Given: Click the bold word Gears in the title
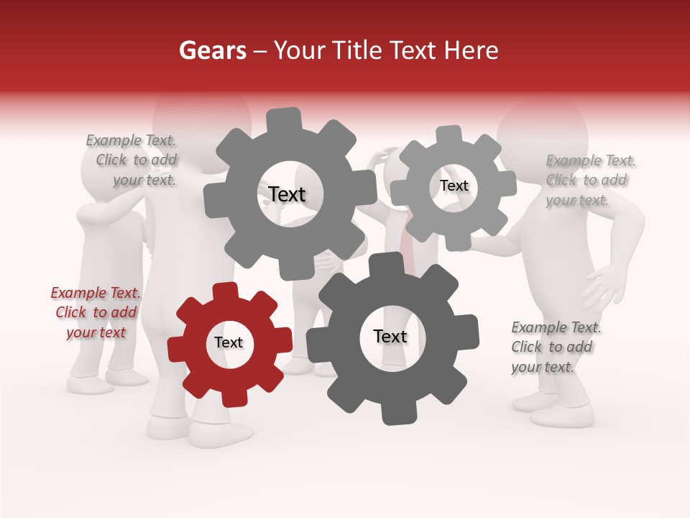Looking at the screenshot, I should (x=212, y=50).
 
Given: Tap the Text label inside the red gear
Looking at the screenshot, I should (x=229, y=343).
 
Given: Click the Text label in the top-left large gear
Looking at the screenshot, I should (x=287, y=194).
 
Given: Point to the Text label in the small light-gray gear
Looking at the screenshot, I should (x=454, y=186).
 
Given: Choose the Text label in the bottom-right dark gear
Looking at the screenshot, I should (x=390, y=337).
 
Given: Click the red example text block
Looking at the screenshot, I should (x=96, y=312).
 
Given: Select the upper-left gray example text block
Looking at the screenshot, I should (x=133, y=160).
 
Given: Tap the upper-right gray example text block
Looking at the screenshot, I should (x=589, y=180).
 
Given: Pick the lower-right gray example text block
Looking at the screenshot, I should (x=555, y=347).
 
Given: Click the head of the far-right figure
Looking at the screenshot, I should (x=543, y=133).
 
